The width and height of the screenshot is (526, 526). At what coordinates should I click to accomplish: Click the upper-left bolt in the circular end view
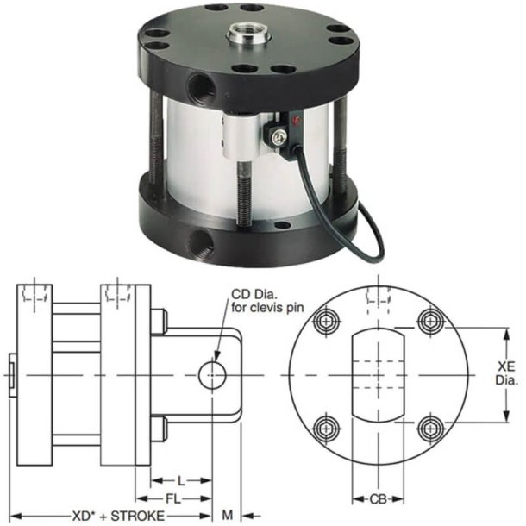(x=326, y=322)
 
